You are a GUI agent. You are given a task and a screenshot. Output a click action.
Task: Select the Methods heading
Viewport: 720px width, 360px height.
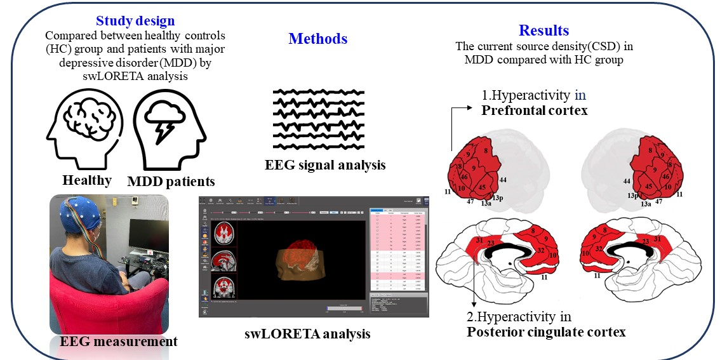tap(317, 39)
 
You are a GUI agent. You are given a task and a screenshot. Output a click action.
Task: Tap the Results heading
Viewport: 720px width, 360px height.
tap(543, 30)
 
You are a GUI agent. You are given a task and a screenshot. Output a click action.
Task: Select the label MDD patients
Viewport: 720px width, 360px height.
tap(171, 182)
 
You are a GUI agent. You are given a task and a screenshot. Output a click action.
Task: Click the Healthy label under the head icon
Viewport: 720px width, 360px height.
tap(87, 180)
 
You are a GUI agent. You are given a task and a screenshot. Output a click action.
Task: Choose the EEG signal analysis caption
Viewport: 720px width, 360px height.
tap(325, 165)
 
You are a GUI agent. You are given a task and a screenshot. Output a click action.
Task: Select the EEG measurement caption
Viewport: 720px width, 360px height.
tap(119, 342)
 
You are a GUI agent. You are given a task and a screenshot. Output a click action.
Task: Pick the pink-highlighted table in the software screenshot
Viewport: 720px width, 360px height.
tap(398, 251)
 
